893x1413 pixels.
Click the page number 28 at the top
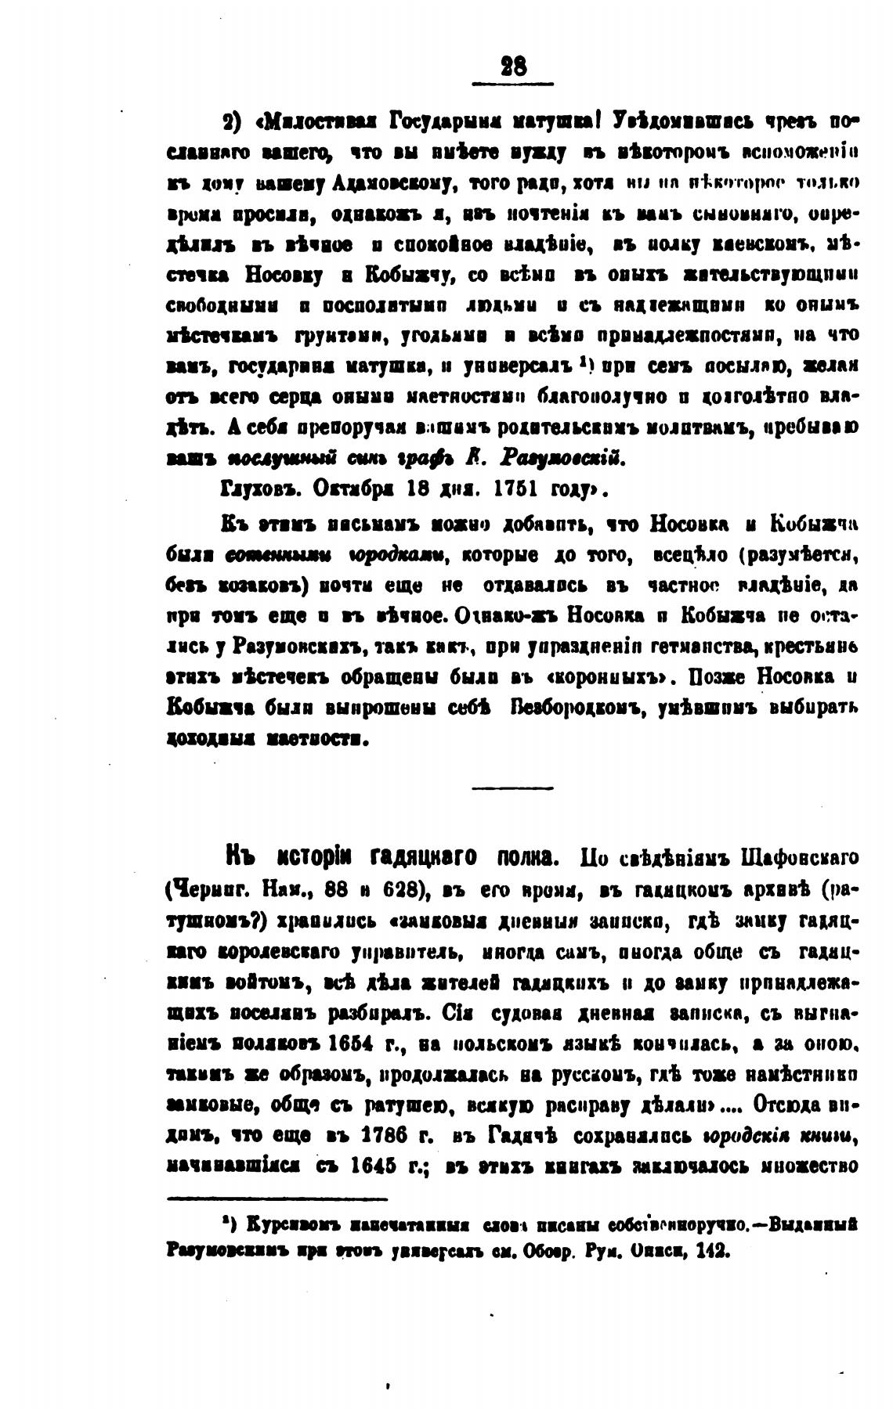513,67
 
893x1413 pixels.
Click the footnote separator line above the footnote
277,1198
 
